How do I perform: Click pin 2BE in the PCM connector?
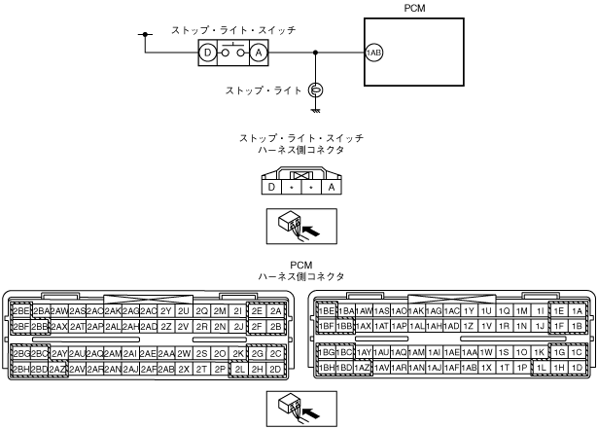pos(20,310)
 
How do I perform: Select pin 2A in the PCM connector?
pos(276,310)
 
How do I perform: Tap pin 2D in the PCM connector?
pos(276,370)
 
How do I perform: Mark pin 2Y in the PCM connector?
pos(165,310)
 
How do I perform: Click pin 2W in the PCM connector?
pos(184,353)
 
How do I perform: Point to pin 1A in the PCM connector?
pos(578,310)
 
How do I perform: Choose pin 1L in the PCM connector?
pos(542,370)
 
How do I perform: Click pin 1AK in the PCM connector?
pos(416,310)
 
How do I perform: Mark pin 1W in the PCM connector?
pos(487,353)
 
